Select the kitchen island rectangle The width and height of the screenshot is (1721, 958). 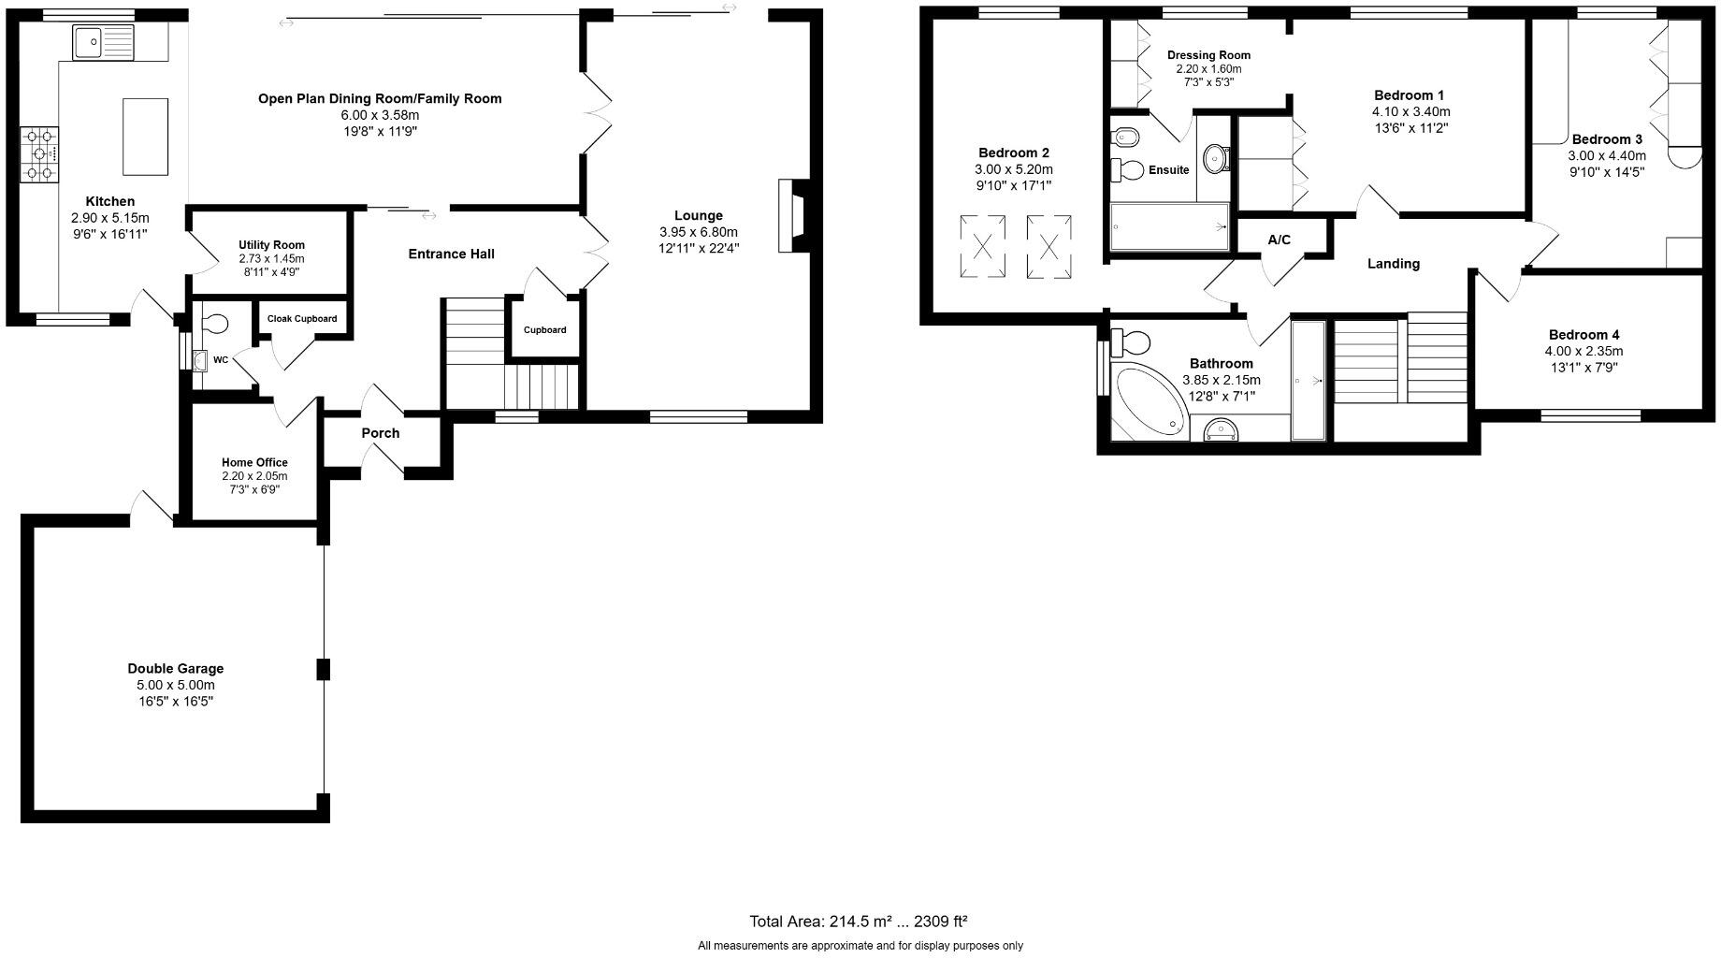(x=145, y=137)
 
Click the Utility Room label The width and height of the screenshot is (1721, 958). (x=271, y=245)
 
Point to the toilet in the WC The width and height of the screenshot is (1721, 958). (x=214, y=324)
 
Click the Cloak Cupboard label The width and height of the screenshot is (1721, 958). (x=301, y=319)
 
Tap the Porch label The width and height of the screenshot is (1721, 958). (x=380, y=433)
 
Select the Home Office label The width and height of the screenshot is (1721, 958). (x=254, y=462)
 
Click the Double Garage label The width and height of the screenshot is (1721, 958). (x=176, y=669)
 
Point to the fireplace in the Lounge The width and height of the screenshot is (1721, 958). (x=790, y=215)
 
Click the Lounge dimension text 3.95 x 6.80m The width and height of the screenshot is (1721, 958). (x=698, y=232)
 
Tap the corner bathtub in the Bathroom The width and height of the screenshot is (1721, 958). (x=1148, y=402)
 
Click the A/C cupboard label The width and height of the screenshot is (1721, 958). (x=1279, y=240)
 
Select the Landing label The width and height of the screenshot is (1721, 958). (x=1393, y=264)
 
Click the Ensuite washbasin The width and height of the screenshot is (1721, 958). (x=1216, y=157)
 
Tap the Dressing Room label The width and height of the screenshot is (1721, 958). (x=1208, y=55)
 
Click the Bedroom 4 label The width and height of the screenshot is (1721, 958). (x=1584, y=335)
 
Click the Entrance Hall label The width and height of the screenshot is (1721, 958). (x=451, y=254)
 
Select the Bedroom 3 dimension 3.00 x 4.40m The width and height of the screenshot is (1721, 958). (x=1607, y=156)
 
